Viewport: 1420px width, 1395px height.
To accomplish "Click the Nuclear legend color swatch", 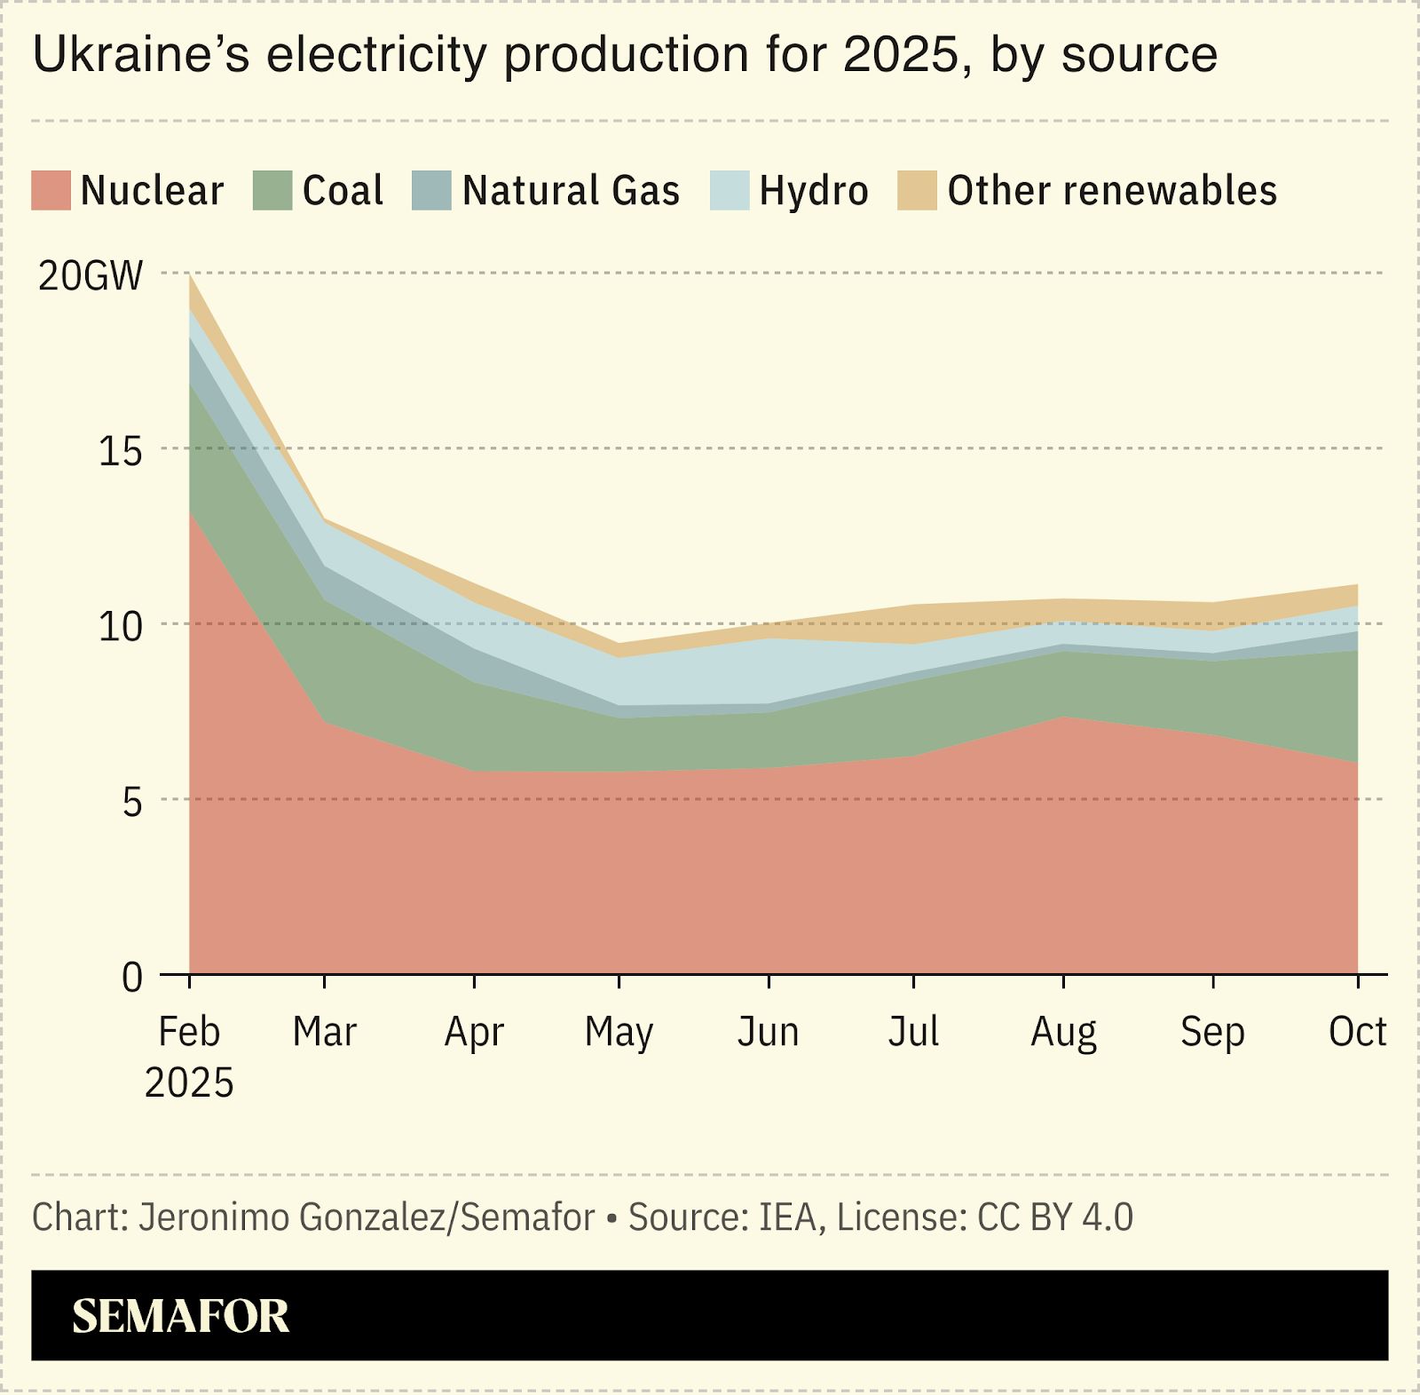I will [x=51, y=191].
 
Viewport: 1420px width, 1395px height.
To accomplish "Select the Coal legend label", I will [x=343, y=191].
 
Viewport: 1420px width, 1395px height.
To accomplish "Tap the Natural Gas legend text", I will [x=571, y=191].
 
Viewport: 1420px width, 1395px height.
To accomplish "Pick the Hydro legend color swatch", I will [x=730, y=191].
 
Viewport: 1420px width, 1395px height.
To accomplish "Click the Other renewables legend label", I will [x=1112, y=191].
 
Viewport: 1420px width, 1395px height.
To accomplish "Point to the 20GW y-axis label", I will [x=90, y=276].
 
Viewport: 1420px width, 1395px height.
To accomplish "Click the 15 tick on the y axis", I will [x=121, y=452].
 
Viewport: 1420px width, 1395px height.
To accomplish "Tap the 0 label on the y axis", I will [x=131, y=978].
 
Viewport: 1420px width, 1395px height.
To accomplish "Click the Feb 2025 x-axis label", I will [x=188, y=1056].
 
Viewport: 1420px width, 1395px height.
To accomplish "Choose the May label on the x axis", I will [x=619, y=1033].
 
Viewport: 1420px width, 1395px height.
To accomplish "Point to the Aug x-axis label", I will [x=1063, y=1033].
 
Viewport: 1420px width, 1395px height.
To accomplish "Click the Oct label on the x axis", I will [x=1356, y=1032].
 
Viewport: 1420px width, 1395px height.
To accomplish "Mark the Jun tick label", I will [x=768, y=1033].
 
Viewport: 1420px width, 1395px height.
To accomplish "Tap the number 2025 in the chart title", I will [x=902, y=55].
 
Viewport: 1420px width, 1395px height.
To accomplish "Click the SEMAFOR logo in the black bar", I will [x=180, y=1316].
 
